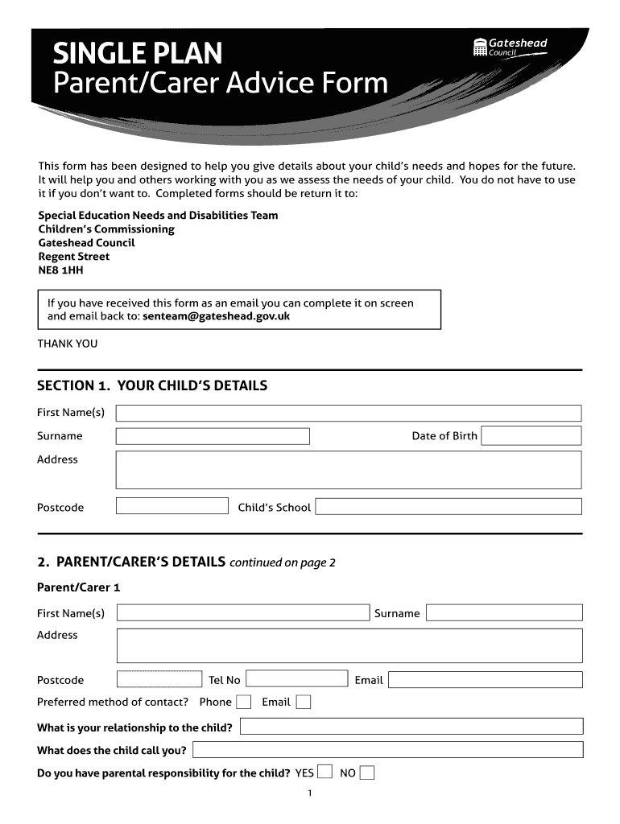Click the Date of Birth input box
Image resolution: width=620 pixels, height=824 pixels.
pos(531,436)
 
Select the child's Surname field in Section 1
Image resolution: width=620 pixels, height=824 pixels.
pos(213,436)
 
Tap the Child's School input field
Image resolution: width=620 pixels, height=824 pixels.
pos(448,507)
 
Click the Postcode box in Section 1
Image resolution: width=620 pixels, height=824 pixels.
pos(172,506)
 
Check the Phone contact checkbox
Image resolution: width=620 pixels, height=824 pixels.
pos(243,702)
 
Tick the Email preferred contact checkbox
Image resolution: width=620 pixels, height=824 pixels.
pos(303,702)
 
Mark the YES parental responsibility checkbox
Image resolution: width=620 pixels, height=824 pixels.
pos(324,772)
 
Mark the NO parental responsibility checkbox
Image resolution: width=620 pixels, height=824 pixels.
pos(366,772)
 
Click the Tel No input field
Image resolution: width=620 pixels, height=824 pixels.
pos(297,679)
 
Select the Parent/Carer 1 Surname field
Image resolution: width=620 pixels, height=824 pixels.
pos(503,613)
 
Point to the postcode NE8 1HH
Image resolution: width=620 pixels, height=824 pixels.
pos(60,270)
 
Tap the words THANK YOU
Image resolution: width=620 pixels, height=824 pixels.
pos(68,344)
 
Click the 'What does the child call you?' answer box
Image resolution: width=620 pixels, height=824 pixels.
pos(387,750)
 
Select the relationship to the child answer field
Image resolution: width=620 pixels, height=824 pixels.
pos(411,727)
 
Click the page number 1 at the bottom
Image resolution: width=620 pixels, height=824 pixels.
pos(310,794)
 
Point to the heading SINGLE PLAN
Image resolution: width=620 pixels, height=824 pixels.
pos(137,55)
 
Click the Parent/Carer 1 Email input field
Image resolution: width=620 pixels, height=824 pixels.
pos(485,679)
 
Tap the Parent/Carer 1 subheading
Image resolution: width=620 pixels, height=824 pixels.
pos(78,587)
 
